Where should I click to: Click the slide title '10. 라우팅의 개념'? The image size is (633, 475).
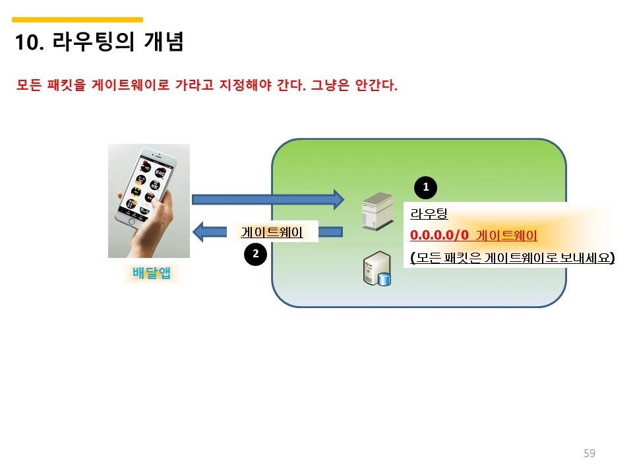99,43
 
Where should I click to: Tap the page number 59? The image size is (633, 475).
589,453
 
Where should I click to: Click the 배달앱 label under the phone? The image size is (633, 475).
152,272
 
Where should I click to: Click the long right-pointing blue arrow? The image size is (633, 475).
268,199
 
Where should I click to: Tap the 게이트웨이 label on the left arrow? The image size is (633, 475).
272,232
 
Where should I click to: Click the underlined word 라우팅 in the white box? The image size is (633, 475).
429,214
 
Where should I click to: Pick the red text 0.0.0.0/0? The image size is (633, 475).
439,236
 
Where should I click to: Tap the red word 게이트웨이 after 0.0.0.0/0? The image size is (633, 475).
506,236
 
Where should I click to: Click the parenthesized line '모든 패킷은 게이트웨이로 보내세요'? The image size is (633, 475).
512,258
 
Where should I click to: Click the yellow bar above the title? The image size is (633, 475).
78,20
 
